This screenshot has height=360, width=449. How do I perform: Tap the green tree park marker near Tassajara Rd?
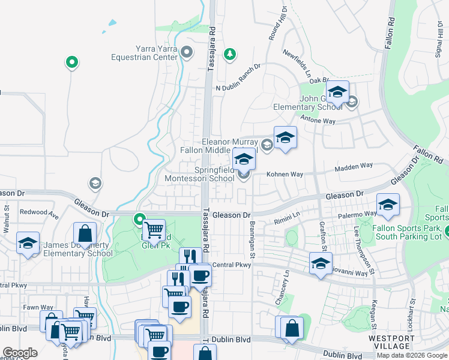229,55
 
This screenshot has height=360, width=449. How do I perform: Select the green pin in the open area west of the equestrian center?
71,61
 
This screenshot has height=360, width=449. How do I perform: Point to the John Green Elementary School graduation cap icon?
337,92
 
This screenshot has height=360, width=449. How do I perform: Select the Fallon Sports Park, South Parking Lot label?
408,232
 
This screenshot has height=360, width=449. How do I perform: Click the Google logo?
20,353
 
